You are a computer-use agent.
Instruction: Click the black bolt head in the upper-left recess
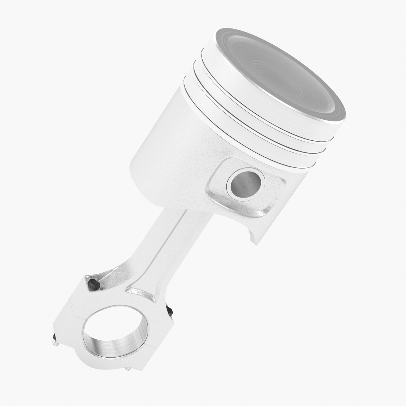coord(93,285)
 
